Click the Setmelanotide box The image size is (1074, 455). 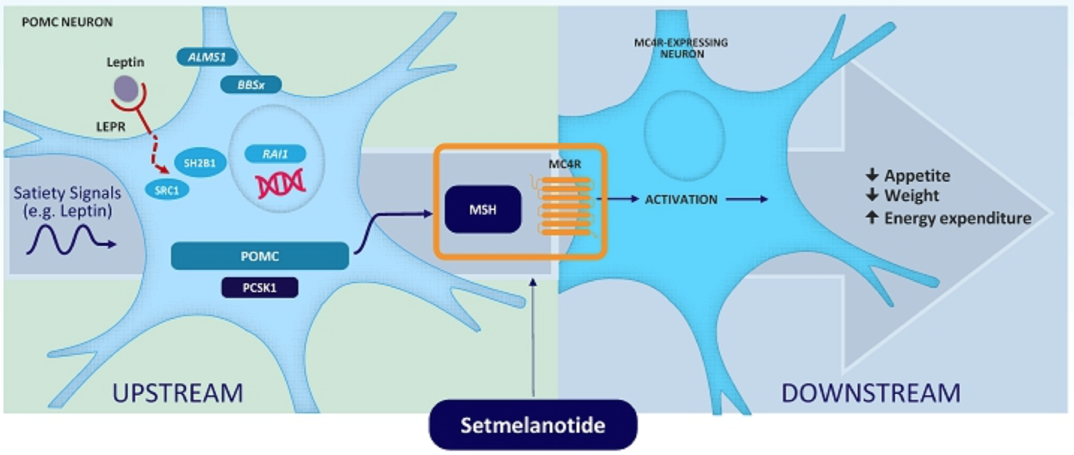532,425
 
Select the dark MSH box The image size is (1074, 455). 481,209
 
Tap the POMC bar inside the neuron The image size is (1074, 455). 259,256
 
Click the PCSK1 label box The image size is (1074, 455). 259,288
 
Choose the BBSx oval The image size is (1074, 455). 251,85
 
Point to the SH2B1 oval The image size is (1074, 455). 200,163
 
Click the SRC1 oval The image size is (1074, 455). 168,191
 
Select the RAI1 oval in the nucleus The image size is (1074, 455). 274,154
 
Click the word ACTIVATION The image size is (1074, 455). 680,200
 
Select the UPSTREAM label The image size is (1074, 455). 177,393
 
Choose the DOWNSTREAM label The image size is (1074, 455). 870,393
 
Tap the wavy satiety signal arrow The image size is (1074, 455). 70,240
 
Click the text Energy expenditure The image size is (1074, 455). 956,218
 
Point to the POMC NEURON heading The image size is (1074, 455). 68,22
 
